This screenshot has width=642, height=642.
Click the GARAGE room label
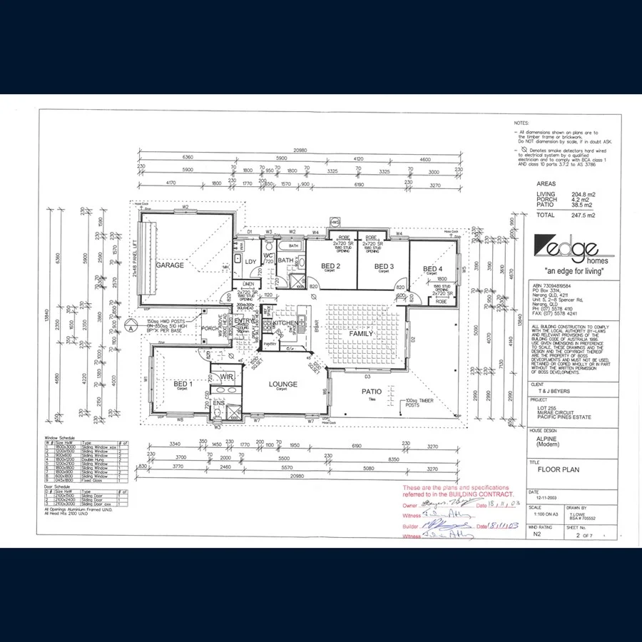[x=170, y=265]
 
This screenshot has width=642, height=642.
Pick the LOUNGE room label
[x=282, y=384]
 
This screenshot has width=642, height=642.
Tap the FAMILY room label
[x=361, y=334]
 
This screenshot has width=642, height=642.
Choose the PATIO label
[x=371, y=392]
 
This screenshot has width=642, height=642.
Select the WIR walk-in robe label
[x=228, y=376]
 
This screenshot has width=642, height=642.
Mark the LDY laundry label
[x=250, y=262]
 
